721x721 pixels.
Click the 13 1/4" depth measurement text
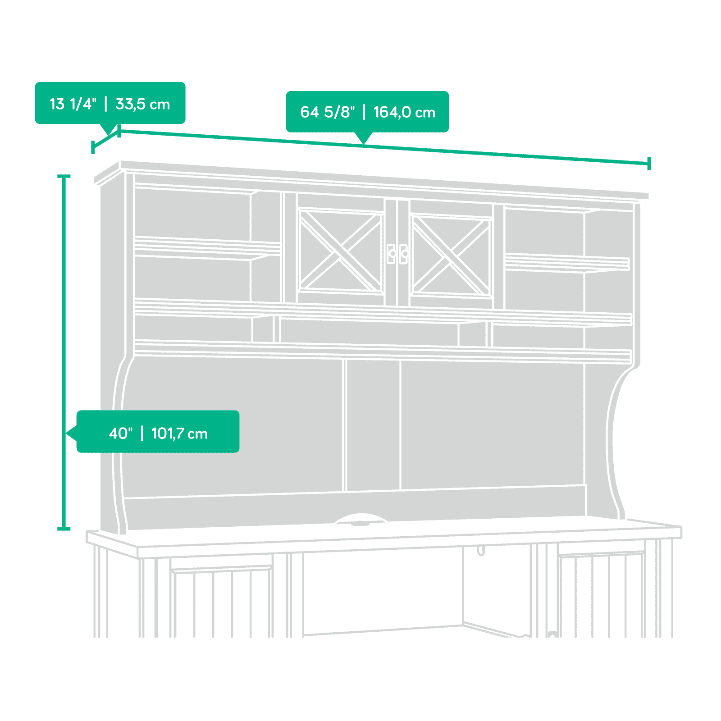click(73, 104)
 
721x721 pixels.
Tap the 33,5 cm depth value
click(143, 104)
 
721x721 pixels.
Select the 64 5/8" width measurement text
click(328, 112)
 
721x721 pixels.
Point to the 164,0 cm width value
click(405, 112)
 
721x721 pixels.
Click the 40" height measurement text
click(121, 434)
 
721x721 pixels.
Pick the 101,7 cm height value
click(180, 434)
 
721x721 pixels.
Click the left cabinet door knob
click(392, 254)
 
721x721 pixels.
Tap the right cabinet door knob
click(404, 254)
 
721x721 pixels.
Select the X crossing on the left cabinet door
click(340, 251)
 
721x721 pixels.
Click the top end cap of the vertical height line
click(64, 176)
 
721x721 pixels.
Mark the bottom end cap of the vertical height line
click(64, 528)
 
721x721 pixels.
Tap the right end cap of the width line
click(649, 164)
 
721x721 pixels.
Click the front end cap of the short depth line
click(93, 147)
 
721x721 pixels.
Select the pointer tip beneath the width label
click(364, 144)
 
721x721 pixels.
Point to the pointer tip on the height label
click(67, 433)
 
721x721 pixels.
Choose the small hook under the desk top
click(481, 551)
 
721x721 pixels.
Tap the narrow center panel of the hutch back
click(373, 425)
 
